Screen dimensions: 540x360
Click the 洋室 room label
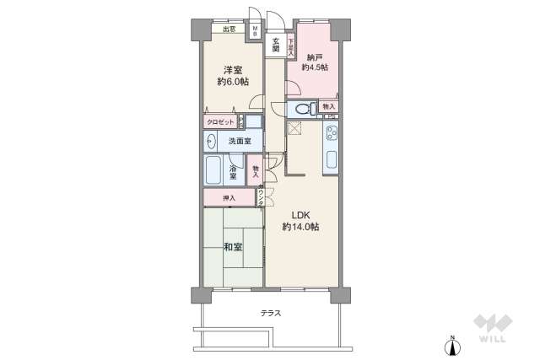[233, 70]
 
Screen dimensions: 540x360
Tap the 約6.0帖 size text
[233, 82]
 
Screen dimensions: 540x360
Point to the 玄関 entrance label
[276, 45]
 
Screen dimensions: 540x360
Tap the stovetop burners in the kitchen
[332, 133]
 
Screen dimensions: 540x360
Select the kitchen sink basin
[332, 159]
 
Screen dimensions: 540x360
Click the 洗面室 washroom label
[240, 141]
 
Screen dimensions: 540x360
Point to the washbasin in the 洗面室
[211, 141]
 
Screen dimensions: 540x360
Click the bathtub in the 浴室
[213, 170]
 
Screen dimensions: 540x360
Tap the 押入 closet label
[229, 198]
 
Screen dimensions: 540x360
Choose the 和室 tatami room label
[233, 247]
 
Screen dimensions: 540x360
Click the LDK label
[300, 216]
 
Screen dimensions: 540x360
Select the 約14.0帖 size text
[300, 227]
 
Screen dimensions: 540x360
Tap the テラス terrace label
[271, 313]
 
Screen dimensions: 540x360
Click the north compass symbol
[453, 346]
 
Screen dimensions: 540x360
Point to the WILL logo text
[492, 339]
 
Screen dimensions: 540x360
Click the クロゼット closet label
[220, 122]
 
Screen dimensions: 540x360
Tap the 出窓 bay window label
[229, 29]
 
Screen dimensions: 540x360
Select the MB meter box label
[255, 31]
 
